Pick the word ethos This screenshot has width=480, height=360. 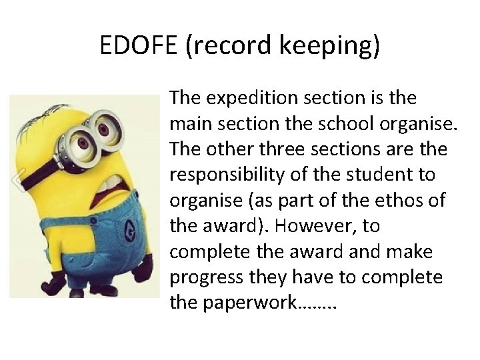coord(393,201)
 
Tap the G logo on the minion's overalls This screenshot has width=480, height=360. coord(127,233)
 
